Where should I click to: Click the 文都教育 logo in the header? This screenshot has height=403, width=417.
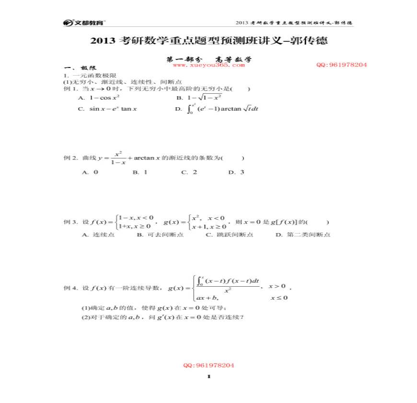(x=84, y=22)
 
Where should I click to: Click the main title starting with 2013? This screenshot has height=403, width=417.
(x=208, y=41)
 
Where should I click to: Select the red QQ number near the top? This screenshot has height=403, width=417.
(x=341, y=65)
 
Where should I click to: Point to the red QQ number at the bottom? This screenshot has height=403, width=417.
(x=208, y=365)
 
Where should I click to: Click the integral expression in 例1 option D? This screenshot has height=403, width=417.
(x=222, y=109)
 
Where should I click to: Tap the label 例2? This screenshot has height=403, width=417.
(x=70, y=158)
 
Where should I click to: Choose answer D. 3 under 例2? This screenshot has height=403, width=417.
(x=236, y=172)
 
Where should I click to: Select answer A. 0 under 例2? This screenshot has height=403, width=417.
(x=90, y=172)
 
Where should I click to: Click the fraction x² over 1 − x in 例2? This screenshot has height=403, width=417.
(x=118, y=158)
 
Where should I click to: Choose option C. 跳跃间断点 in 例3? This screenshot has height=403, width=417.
(x=230, y=235)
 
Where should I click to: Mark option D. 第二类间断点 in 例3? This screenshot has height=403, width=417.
(x=303, y=235)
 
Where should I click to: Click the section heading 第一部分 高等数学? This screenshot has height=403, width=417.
(x=208, y=59)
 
